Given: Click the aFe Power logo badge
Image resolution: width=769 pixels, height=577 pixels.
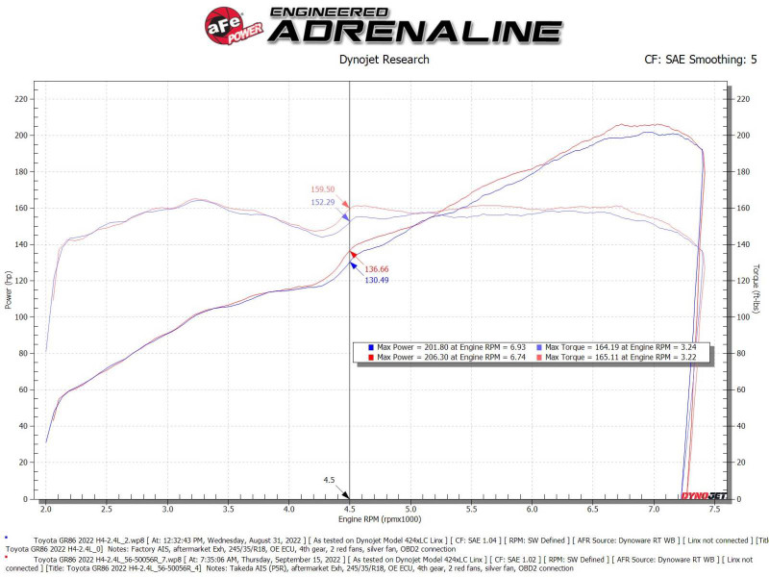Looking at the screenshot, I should pyautogui.click(x=229, y=22).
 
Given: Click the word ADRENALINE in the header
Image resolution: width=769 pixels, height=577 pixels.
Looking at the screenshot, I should pyautogui.click(x=414, y=30).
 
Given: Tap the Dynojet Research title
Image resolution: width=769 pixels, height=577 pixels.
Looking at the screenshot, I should pyautogui.click(x=384, y=60).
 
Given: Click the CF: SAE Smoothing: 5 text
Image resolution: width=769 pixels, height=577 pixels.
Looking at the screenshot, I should pyautogui.click(x=701, y=60).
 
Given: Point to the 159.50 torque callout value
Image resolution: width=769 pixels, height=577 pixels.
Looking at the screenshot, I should pyautogui.click(x=323, y=189).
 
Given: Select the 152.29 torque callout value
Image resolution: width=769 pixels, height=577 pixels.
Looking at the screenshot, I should pyautogui.click(x=323, y=202).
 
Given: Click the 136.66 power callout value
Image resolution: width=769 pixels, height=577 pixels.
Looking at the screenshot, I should pyautogui.click(x=377, y=268).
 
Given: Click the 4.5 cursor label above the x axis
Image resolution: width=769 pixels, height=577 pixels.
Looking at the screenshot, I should pyautogui.click(x=329, y=480).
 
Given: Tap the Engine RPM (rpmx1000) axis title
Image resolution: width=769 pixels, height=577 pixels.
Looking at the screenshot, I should pyautogui.click(x=384, y=519).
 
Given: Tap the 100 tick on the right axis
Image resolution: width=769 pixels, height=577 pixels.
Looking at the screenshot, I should pyautogui.click(x=741, y=317).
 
